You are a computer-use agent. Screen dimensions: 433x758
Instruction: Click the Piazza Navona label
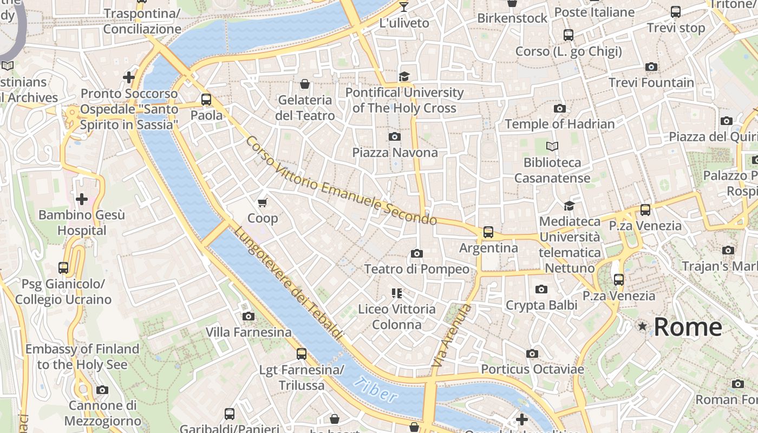point(395,153)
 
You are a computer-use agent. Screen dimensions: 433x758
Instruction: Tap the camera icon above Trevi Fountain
point(651,67)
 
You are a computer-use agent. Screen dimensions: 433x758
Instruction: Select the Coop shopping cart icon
point(263,202)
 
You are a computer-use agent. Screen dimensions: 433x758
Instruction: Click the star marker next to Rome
point(642,326)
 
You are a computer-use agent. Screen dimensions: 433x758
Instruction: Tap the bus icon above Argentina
point(488,232)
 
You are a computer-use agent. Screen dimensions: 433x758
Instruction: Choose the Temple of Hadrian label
point(560,124)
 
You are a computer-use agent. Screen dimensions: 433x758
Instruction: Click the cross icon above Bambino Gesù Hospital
point(82,199)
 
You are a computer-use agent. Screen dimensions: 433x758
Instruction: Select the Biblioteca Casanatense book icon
point(552,147)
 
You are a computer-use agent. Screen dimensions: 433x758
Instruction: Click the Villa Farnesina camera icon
point(249,316)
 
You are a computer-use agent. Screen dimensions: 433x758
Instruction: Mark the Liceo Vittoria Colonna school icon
point(397,293)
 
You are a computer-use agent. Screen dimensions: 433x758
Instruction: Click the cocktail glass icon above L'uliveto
point(404,7)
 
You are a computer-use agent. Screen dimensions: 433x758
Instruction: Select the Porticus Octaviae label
point(532,370)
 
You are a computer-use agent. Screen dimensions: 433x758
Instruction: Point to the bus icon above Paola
point(206,100)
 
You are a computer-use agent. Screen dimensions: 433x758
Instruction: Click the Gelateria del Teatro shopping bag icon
point(305,84)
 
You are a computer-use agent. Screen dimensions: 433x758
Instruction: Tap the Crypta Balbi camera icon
point(541,290)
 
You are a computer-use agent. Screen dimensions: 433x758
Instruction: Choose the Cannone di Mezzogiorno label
point(102,413)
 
